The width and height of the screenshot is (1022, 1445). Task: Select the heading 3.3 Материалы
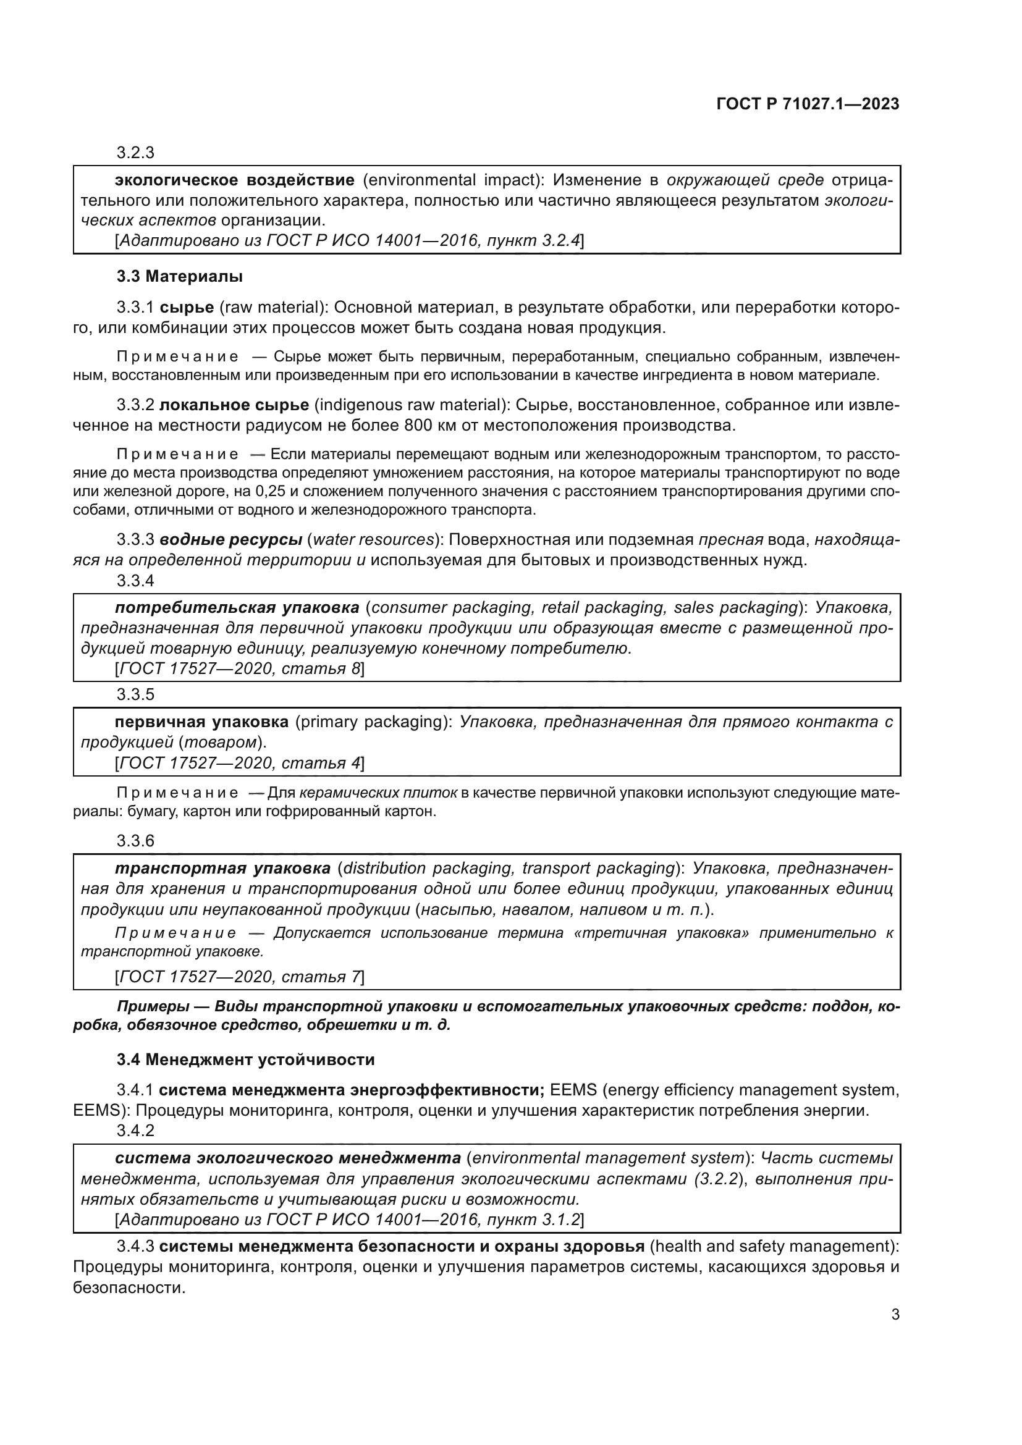click(179, 276)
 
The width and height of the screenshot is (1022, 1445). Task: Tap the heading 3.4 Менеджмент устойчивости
click(245, 1060)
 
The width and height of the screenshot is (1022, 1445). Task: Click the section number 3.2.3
click(135, 153)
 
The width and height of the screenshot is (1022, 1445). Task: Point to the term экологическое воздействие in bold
click(235, 180)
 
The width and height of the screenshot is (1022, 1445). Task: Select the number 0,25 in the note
click(282, 492)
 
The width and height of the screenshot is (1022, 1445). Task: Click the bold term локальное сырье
click(234, 405)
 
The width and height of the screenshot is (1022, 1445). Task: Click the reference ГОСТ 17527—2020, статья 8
click(239, 669)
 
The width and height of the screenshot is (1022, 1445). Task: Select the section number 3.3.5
click(135, 695)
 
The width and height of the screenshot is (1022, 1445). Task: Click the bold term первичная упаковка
click(201, 722)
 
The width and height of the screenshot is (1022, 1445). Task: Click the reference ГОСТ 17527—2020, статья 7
click(239, 977)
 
